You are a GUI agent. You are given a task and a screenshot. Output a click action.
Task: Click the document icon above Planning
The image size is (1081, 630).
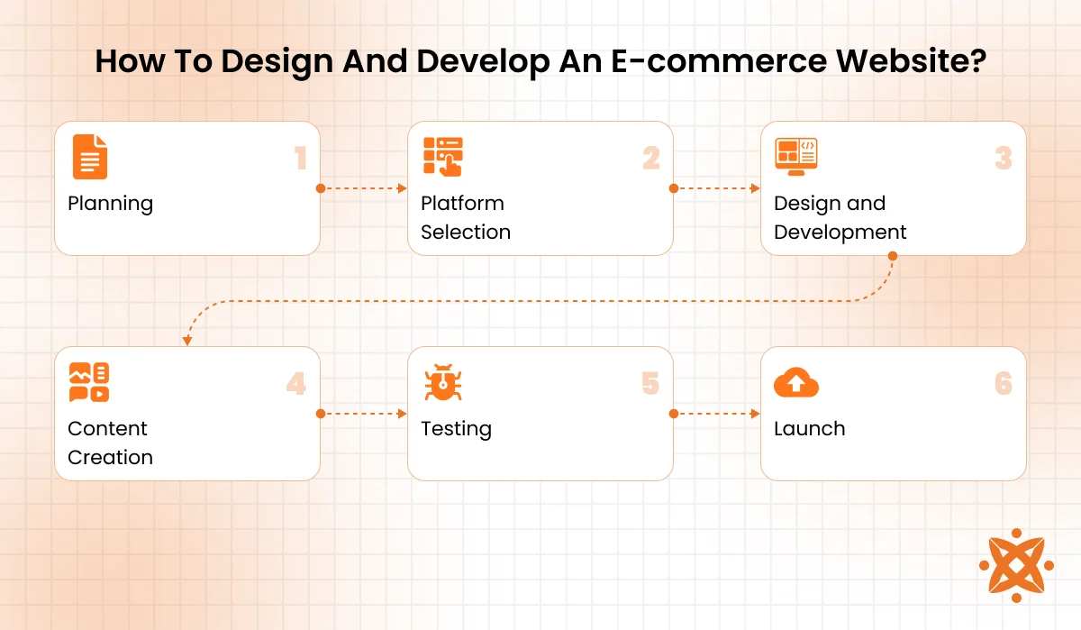click(x=89, y=157)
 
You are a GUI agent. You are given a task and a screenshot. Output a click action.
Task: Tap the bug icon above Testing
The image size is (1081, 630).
click(x=442, y=382)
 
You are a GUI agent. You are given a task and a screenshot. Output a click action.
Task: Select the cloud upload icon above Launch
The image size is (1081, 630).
click(x=796, y=382)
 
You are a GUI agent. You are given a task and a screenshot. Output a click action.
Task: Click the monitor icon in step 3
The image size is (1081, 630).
click(x=795, y=158)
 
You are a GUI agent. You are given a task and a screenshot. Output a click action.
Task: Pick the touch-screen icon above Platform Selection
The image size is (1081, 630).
click(x=442, y=157)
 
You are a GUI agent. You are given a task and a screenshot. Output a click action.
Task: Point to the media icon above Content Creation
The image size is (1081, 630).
click(x=89, y=382)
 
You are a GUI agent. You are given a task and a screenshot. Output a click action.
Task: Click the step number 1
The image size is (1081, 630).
click(x=301, y=159)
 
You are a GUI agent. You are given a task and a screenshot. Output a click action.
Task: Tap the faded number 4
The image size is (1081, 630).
click(x=296, y=385)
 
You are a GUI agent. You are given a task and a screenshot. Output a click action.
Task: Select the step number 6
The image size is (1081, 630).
click(x=1004, y=385)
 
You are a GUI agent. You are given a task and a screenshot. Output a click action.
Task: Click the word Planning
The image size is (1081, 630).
click(x=110, y=204)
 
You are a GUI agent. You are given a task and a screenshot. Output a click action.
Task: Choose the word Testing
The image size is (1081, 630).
click(x=456, y=429)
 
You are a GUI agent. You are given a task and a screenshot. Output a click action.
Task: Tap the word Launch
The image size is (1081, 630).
click(x=809, y=429)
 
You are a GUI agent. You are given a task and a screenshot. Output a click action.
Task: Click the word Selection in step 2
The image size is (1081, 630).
click(x=465, y=233)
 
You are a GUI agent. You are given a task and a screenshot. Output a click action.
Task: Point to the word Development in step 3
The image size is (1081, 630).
click(x=840, y=233)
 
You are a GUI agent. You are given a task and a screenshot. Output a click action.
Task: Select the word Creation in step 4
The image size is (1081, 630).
click(x=110, y=458)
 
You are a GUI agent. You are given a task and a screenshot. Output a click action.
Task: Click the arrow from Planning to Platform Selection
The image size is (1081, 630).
click(x=363, y=188)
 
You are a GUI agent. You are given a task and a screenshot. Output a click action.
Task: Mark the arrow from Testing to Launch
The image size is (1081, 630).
click(x=716, y=414)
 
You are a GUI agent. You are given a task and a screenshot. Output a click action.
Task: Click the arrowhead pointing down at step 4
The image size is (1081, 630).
click(x=187, y=341)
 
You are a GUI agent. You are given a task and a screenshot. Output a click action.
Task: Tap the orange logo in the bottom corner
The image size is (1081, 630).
click(x=1016, y=565)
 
